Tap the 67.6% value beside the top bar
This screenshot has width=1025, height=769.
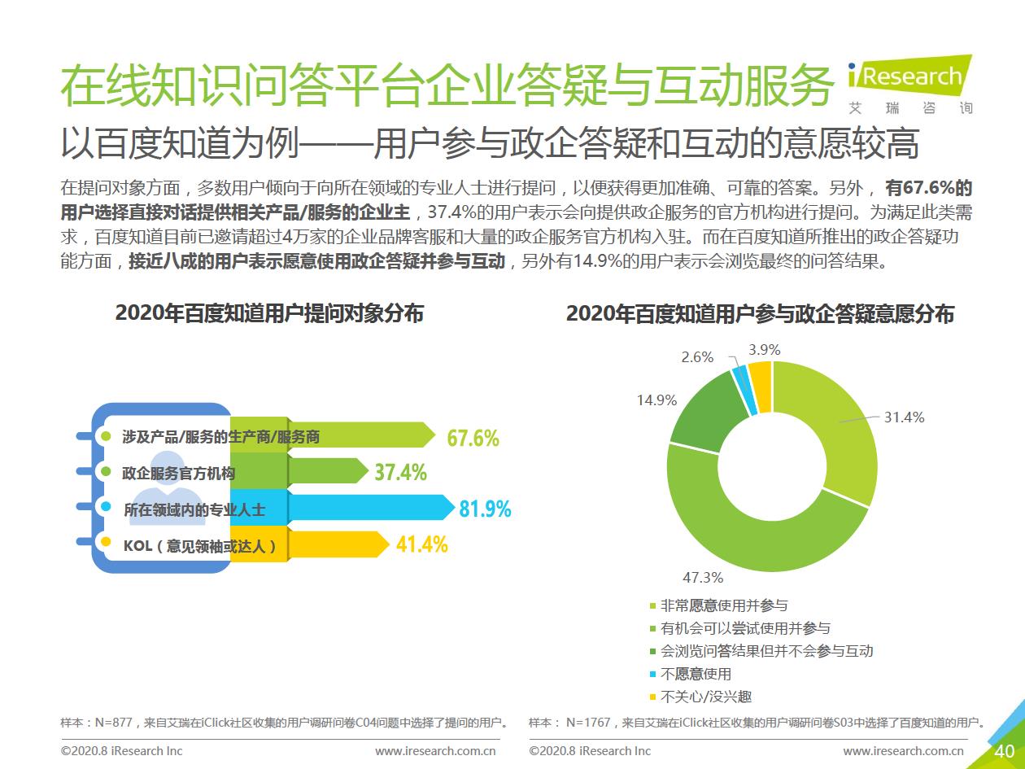point(473,439)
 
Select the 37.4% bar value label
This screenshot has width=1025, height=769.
point(400,472)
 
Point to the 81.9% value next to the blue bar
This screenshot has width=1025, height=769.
point(485,509)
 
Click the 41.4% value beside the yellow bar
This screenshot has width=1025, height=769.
point(421,544)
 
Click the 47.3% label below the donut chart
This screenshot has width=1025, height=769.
point(703,578)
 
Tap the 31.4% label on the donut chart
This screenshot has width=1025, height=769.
point(904,417)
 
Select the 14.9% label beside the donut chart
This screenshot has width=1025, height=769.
point(657,400)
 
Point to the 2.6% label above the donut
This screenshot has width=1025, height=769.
point(697,357)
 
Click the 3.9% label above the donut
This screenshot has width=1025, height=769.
point(764,350)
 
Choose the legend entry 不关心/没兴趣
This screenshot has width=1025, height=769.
point(705,697)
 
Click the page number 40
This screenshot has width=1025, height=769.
point(1004,751)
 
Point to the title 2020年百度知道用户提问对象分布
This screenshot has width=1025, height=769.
point(269,313)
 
